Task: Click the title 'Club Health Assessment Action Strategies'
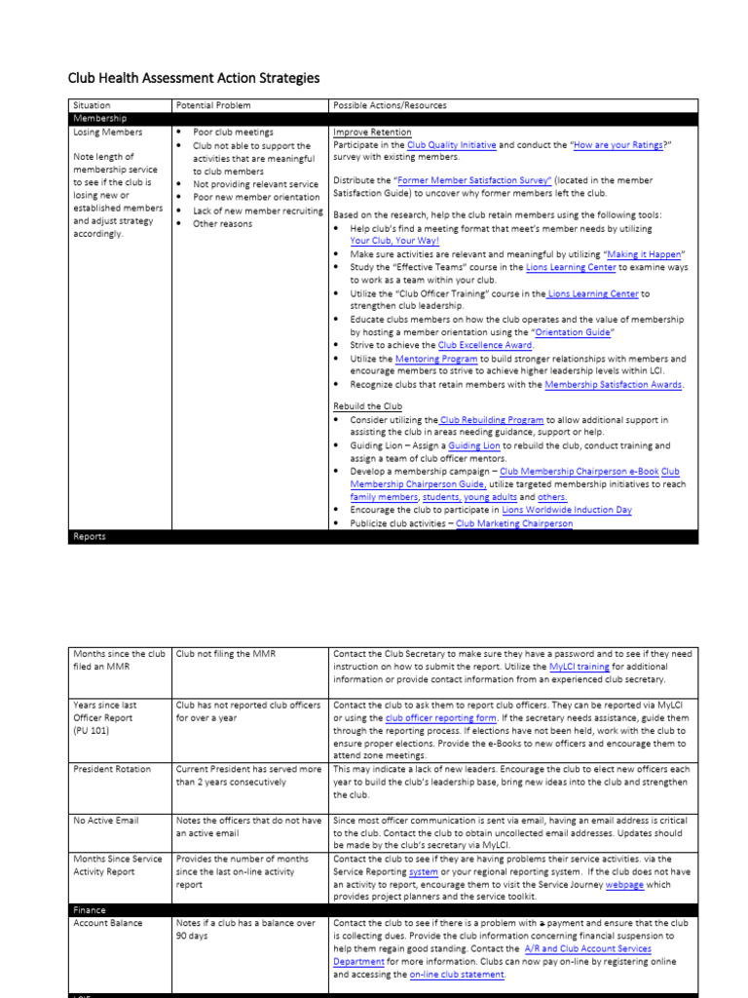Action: pyautogui.click(x=193, y=78)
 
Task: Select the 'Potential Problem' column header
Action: pyautogui.click(x=212, y=105)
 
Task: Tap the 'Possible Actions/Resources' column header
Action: pyautogui.click(x=390, y=105)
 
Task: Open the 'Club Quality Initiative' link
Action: pyautogui.click(x=451, y=145)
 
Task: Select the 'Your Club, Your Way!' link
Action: pyautogui.click(x=394, y=240)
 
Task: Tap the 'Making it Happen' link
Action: pyautogui.click(x=646, y=253)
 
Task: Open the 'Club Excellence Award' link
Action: pyautogui.click(x=485, y=345)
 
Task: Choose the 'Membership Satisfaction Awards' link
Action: pyautogui.click(x=614, y=385)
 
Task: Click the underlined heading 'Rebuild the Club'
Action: pyautogui.click(x=367, y=406)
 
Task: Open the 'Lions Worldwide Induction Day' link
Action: pyautogui.click(x=567, y=510)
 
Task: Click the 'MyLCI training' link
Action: pyautogui.click(x=580, y=667)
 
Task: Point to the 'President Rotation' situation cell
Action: pyautogui.click(x=112, y=769)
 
